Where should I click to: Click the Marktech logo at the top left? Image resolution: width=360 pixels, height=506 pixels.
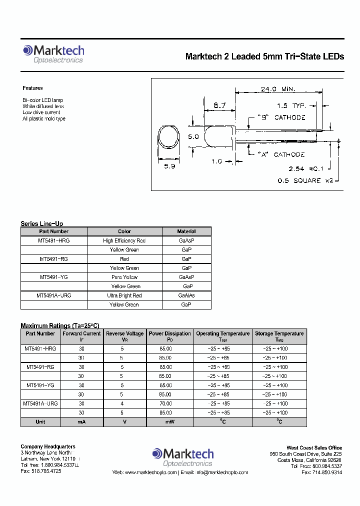pyautogui.click(x=53, y=54)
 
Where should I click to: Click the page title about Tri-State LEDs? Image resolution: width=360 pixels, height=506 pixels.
pyautogui.click(x=264, y=56)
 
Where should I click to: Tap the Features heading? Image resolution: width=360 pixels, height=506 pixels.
pyautogui.click(x=33, y=88)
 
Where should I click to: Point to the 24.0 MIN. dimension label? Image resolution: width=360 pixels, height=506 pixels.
pyautogui.click(x=278, y=89)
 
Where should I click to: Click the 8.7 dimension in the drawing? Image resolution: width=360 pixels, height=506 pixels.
pyautogui.click(x=219, y=105)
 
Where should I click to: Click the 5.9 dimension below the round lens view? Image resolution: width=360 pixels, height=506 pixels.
pyautogui.click(x=169, y=166)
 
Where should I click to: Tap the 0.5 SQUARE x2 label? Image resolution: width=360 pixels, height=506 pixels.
pyautogui.click(x=305, y=180)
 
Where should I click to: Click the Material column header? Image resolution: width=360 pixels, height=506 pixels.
pyautogui.click(x=186, y=231)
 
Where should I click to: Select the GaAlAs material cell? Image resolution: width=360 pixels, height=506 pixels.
pyautogui.click(x=186, y=295)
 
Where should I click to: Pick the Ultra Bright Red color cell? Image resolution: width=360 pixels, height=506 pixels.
pyautogui.click(x=124, y=295)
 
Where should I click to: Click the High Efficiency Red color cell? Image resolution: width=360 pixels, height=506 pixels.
pyautogui.click(x=124, y=240)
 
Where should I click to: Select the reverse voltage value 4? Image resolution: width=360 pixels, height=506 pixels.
pyautogui.click(x=121, y=403)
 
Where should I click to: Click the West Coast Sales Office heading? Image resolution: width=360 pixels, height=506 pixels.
pyautogui.click(x=314, y=448)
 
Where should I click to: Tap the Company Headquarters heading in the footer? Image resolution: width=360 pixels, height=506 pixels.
pyautogui.click(x=48, y=446)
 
